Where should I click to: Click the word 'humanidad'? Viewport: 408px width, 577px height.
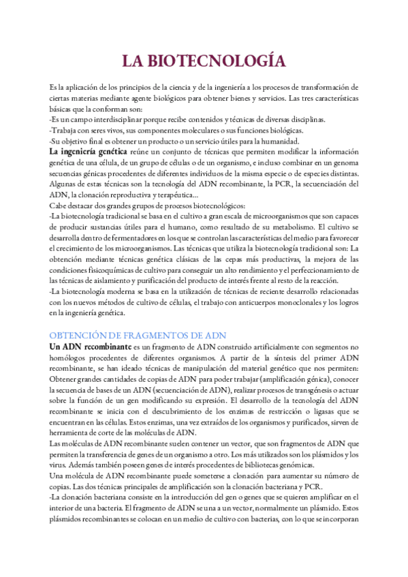coord(279,141)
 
